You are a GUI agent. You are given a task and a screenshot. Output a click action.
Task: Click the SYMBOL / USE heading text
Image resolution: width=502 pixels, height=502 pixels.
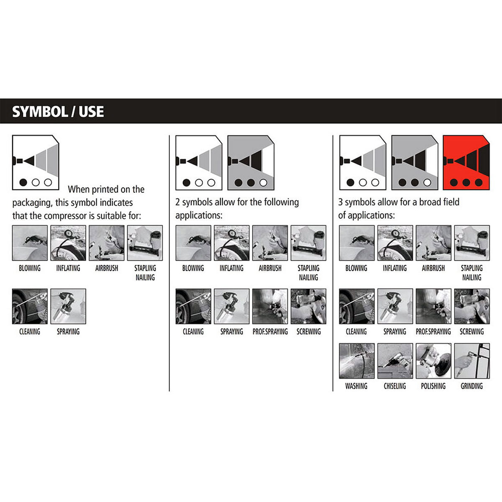click(x=58, y=112)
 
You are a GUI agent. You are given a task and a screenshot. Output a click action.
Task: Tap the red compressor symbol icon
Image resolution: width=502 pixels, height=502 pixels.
click(x=466, y=163)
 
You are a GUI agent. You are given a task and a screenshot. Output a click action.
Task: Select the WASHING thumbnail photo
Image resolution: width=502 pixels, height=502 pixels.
click(x=356, y=361)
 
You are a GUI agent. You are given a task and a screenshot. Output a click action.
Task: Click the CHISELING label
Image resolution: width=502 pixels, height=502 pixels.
click(x=394, y=386)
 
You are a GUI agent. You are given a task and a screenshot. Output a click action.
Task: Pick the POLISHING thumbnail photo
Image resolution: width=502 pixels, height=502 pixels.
click(x=433, y=361)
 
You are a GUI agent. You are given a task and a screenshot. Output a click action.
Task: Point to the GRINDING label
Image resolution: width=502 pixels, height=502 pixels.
click(x=471, y=386)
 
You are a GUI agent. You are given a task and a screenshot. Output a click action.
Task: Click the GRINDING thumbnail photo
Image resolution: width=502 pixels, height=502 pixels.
click(x=472, y=361)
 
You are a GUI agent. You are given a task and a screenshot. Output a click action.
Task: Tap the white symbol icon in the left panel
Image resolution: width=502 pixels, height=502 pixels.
click(x=36, y=163)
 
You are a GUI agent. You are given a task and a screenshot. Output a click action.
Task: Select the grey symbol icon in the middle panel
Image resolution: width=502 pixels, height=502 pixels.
click(x=251, y=163)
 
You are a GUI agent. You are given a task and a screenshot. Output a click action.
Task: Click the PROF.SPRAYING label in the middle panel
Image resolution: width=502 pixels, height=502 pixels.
click(x=270, y=332)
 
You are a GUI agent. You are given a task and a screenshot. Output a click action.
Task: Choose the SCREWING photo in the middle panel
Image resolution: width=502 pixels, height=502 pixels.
click(x=308, y=306)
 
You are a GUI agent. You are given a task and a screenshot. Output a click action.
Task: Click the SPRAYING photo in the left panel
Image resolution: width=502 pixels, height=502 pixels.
click(x=68, y=306)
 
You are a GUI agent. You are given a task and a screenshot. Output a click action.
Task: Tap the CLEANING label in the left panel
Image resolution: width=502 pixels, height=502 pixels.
click(x=30, y=332)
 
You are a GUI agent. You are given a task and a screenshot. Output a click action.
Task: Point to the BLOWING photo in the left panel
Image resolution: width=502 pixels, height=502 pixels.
click(x=30, y=243)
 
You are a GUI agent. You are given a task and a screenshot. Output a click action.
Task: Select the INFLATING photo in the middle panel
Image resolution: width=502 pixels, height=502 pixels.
click(x=231, y=243)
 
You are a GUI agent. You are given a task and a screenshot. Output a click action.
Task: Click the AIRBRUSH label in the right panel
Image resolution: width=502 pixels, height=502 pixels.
click(x=433, y=268)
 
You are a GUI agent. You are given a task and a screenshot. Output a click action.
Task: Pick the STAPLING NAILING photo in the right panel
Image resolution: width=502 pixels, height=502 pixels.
click(x=472, y=243)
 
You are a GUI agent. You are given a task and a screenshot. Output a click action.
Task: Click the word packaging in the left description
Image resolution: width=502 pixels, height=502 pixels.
click(x=32, y=203)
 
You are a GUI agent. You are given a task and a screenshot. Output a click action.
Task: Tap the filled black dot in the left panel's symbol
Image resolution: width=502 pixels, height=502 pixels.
click(x=23, y=182)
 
